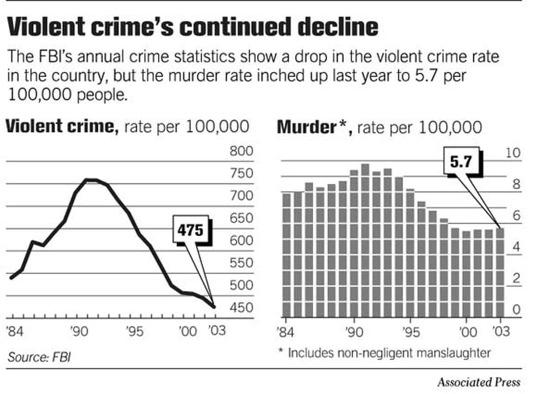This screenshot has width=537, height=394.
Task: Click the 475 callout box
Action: pos(191,230)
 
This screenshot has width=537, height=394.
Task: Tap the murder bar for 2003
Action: pos(499,272)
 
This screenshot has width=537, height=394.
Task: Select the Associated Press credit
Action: pos(479,382)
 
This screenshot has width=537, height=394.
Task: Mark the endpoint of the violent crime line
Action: pos(214,307)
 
